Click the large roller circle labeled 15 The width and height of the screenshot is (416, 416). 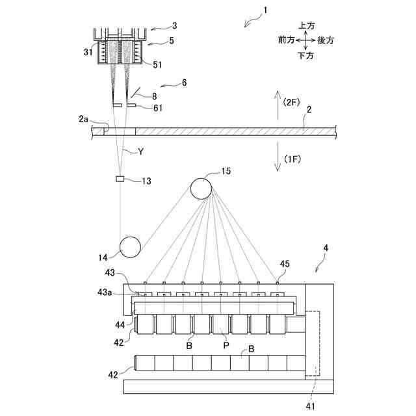(x=201, y=188)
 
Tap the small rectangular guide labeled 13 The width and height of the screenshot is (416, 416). (x=120, y=179)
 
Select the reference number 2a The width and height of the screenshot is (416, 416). (x=83, y=119)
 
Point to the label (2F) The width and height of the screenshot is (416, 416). (x=292, y=101)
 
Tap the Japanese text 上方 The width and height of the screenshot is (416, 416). (x=307, y=25)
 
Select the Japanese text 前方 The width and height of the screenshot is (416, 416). (x=287, y=40)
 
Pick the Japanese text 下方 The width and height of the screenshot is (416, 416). (x=306, y=56)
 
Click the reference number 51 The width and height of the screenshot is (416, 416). (x=158, y=64)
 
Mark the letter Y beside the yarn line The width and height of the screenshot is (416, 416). (x=140, y=151)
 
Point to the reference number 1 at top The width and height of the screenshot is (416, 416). (x=265, y=10)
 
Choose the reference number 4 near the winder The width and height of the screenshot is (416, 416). (x=326, y=248)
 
